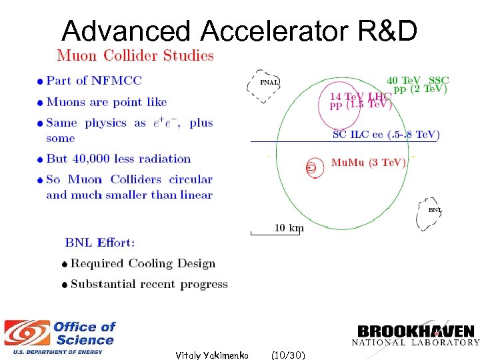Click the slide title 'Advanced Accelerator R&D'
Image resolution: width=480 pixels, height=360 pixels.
point(239,30)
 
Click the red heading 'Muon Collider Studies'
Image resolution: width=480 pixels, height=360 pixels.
point(135,56)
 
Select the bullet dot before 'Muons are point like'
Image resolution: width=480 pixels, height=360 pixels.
point(41,103)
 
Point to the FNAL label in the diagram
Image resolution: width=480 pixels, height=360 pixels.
point(269,83)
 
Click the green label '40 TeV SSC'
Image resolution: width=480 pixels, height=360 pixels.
point(417,80)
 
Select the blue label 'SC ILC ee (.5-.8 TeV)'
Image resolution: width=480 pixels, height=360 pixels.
point(386,135)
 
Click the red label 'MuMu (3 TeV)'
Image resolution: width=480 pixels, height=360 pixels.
point(368,163)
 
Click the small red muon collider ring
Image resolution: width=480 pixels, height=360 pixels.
point(311,167)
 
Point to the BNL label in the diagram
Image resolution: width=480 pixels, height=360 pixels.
point(435,210)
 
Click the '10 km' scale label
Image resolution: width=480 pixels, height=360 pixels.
point(289,228)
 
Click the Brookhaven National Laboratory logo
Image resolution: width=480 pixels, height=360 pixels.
point(415,335)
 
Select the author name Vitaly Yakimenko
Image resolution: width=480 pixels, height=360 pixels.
point(211,355)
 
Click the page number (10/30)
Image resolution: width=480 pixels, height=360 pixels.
point(289,355)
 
